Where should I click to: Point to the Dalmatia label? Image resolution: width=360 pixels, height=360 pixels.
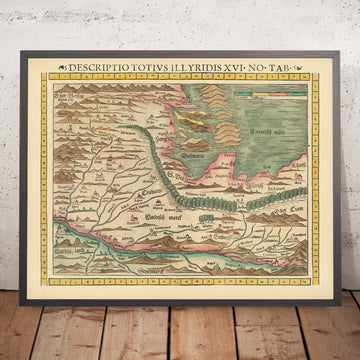[195, 156]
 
